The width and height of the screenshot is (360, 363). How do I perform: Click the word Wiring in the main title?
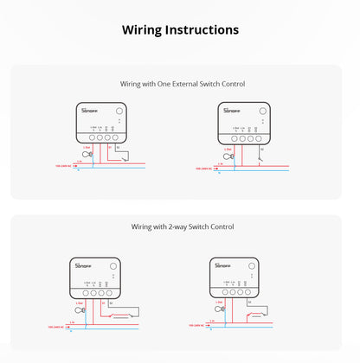pos(142,29)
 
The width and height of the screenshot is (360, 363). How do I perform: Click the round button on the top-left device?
pos(119,111)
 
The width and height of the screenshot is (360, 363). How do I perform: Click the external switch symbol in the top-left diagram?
pos(127,156)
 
